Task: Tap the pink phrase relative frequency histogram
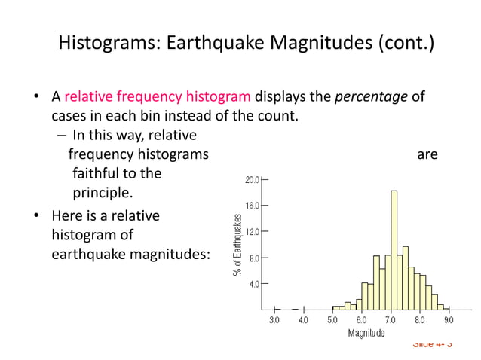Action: pyautogui.click(x=158, y=97)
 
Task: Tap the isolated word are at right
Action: pyautogui.click(x=427, y=154)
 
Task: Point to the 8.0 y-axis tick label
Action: pyautogui.click(x=254, y=258)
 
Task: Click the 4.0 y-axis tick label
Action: pyautogui.click(x=254, y=284)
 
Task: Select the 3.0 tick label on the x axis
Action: pyautogui.click(x=274, y=319)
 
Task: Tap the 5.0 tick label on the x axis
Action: pyautogui.click(x=332, y=319)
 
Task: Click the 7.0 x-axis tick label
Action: pyautogui.click(x=391, y=319)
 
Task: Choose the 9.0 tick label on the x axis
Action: pyautogui.click(x=449, y=319)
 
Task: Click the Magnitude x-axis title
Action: pyautogui.click(x=366, y=332)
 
